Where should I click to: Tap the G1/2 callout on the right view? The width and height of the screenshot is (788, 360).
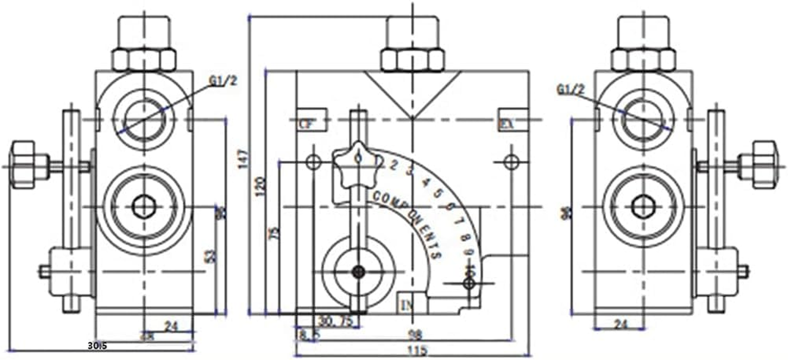[x=570, y=90]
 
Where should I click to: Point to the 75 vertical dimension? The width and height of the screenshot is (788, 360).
[x=274, y=233]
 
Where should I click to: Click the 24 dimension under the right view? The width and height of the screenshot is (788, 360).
[x=621, y=324]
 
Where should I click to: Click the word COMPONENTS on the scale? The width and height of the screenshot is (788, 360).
[x=407, y=225]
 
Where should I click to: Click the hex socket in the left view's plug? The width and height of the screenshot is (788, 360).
[x=144, y=207]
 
